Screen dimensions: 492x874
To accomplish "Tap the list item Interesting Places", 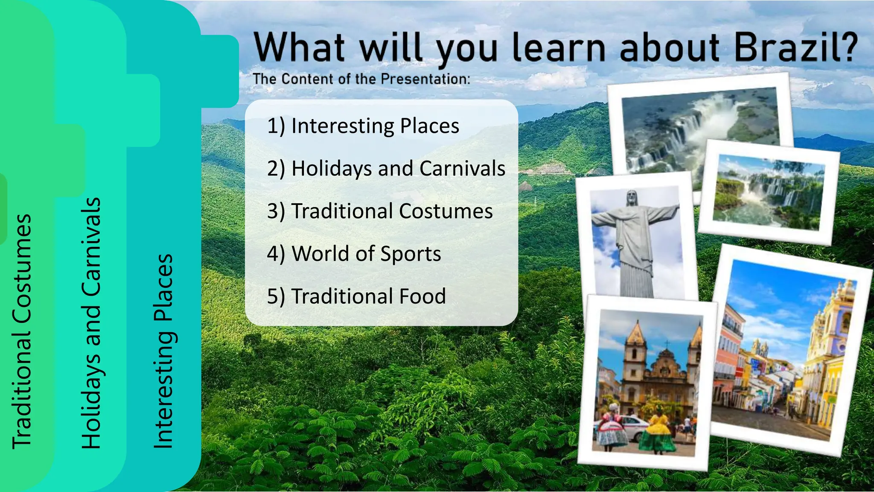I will pos(363,126).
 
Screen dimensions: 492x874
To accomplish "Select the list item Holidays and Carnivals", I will pos(386,168).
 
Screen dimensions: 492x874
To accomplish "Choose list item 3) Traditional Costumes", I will pos(380,211).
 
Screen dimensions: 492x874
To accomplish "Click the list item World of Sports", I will pos(354,254).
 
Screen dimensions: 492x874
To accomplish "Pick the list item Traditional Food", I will pos(357,296).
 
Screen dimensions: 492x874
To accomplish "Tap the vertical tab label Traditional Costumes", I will pos(22,331).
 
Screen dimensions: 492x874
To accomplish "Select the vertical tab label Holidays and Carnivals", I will pos(91,322).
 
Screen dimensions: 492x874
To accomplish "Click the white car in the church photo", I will pos(632,427).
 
